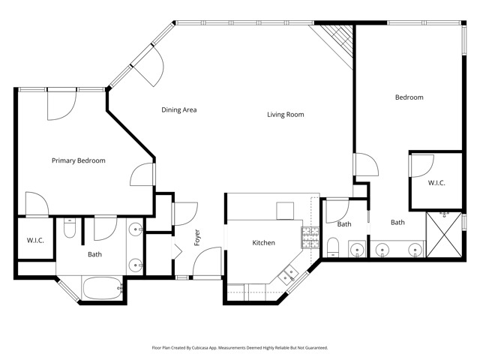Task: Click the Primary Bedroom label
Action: [x=78, y=160]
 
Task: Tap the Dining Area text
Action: [x=179, y=110]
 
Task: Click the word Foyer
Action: [x=197, y=238]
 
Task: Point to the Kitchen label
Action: [x=263, y=243]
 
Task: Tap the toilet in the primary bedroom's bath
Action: [x=69, y=229]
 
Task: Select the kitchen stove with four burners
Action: [x=308, y=238]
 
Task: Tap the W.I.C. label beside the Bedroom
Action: [x=437, y=183]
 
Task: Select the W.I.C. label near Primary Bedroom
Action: [x=35, y=241]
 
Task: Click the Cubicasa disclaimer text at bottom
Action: [x=240, y=347]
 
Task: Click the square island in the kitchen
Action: [x=286, y=211]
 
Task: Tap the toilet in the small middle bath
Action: [x=333, y=246]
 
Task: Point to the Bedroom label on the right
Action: [x=409, y=97]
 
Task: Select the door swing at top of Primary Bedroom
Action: [x=60, y=105]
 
